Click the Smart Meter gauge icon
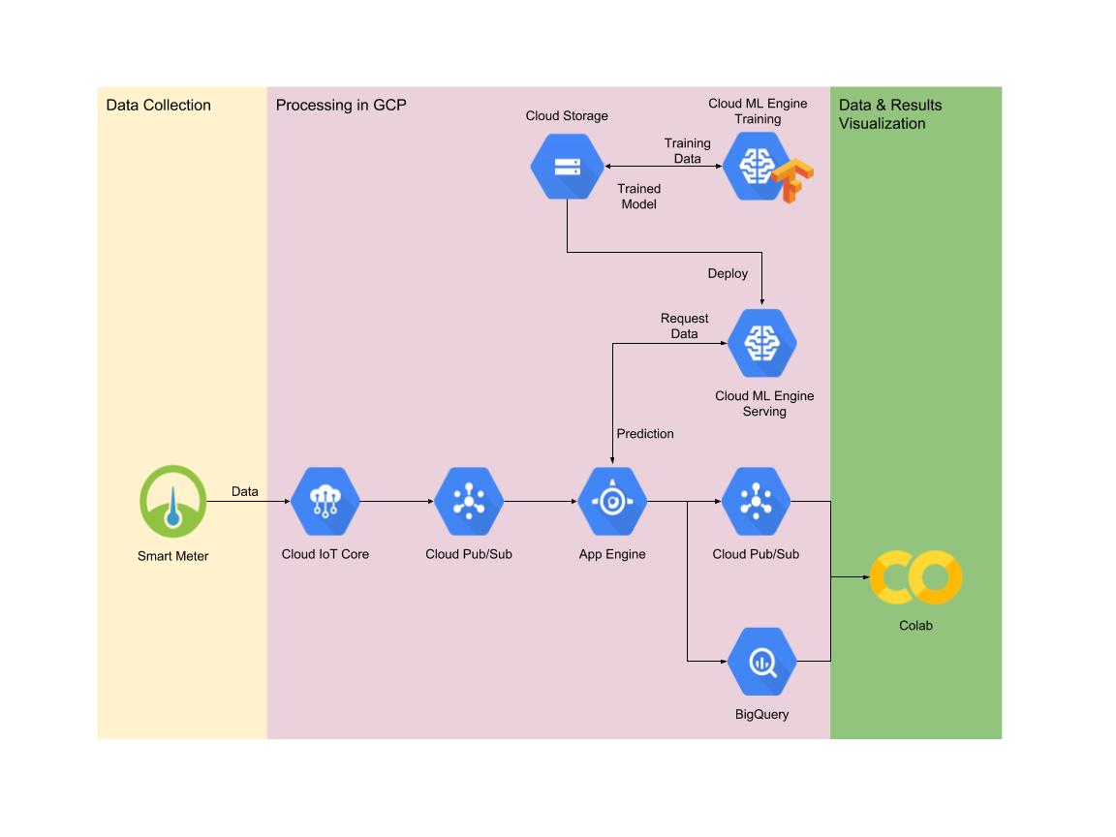pyautogui.click(x=172, y=501)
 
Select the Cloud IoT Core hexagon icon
pyautogui.click(x=325, y=501)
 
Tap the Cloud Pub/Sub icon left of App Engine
pyautogui.click(x=469, y=501)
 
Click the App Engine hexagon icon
pyautogui.click(x=612, y=501)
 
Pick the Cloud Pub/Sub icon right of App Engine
pyautogui.click(x=756, y=501)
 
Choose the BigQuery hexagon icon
pyautogui.click(x=762, y=662)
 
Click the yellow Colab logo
pyautogui.click(x=914, y=577)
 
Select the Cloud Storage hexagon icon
pyautogui.click(x=567, y=166)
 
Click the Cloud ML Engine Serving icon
pyautogui.click(x=762, y=342)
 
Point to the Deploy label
pyautogui.click(x=728, y=274)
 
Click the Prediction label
pyautogui.click(x=645, y=434)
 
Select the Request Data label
pyautogui.click(x=685, y=325)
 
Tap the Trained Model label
pyautogui.click(x=639, y=197)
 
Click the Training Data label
pyautogui.click(x=687, y=150)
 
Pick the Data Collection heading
pyautogui.click(x=158, y=106)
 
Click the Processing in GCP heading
pyautogui.click(x=340, y=106)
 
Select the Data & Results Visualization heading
pyautogui.click(x=889, y=114)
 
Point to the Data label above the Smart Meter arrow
pyautogui.click(x=245, y=492)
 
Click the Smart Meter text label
pyautogui.click(x=172, y=556)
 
